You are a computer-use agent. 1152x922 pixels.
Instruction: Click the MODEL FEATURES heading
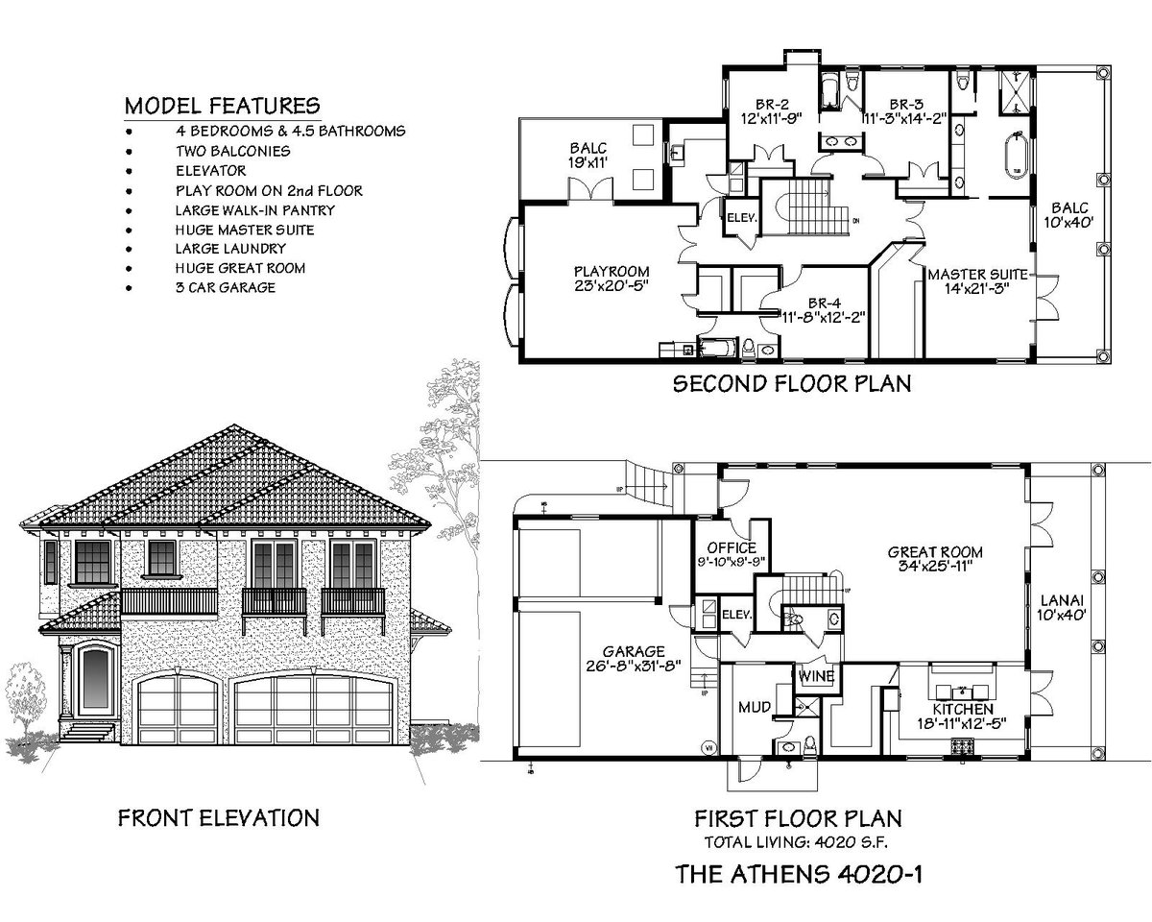[223, 105]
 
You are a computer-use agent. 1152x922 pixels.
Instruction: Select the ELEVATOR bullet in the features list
[210, 170]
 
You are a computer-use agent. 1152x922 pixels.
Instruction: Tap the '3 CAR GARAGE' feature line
[226, 287]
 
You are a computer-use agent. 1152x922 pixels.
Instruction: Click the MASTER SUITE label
[973, 275]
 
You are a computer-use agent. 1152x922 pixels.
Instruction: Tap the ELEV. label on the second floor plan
[742, 217]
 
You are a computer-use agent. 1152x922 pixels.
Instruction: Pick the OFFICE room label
[732, 550]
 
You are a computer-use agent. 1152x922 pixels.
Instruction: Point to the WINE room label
[815, 676]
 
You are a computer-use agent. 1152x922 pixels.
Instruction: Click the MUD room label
[751, 708]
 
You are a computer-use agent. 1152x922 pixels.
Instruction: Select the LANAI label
[1062, 600]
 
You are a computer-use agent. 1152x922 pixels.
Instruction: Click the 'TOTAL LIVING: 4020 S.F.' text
[797, 843]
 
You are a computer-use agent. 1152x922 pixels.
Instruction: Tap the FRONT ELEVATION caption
[218, 818]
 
